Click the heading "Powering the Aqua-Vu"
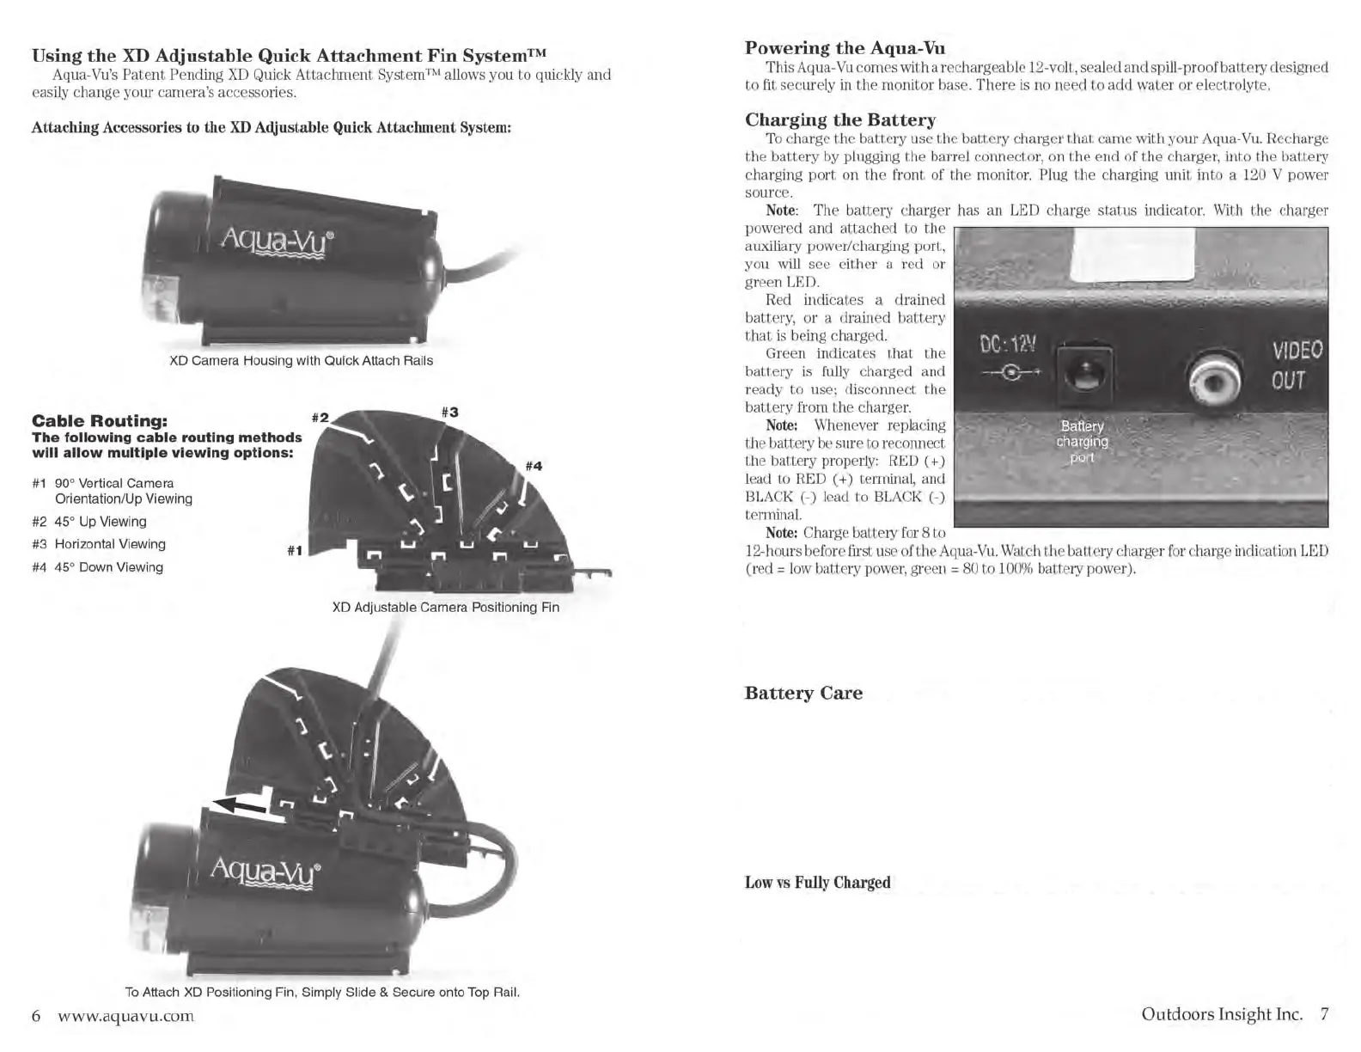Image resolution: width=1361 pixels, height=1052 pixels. tap(845, 48)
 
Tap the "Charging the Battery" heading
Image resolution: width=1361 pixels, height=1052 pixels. tap(839, 119)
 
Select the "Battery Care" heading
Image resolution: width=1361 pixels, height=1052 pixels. tap(803, 693)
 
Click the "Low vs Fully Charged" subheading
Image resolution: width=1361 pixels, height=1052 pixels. tap(817, 883)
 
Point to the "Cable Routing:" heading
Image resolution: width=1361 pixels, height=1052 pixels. tap(100, 421)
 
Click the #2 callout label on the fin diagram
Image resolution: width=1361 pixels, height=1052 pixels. tap(320, 418)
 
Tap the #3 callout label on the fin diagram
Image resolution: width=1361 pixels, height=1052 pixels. tap(449, 412)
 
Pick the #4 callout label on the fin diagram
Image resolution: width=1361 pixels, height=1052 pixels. tap(534, 466)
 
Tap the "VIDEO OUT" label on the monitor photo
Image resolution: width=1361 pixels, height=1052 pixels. tap(1296, 365)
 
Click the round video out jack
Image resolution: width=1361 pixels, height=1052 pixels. tap(1214, 379)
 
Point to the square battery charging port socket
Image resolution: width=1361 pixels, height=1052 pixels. tap(1084, 374)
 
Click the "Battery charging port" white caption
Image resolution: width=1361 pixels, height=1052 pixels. tap(1082, 442)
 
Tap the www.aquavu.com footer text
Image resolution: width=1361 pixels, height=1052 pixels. tap(125, 1015)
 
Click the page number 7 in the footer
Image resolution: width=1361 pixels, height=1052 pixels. tap(1324, 1014)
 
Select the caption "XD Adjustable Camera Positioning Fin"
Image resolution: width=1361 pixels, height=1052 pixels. tap(445, 608)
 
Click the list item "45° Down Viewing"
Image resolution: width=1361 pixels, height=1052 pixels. tap(108, 567)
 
